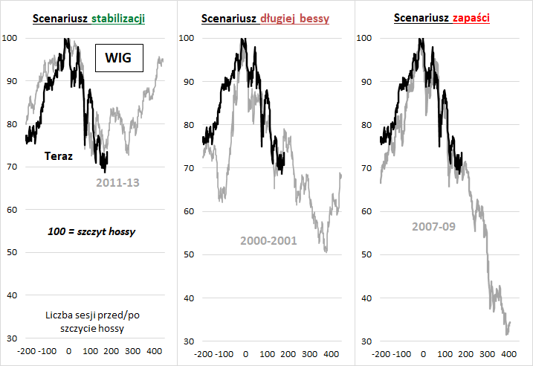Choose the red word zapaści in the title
474,19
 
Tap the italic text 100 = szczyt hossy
91,232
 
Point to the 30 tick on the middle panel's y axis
189,341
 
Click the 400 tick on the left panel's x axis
155,351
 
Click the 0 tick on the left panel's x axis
68,351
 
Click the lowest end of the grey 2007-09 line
506,335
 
